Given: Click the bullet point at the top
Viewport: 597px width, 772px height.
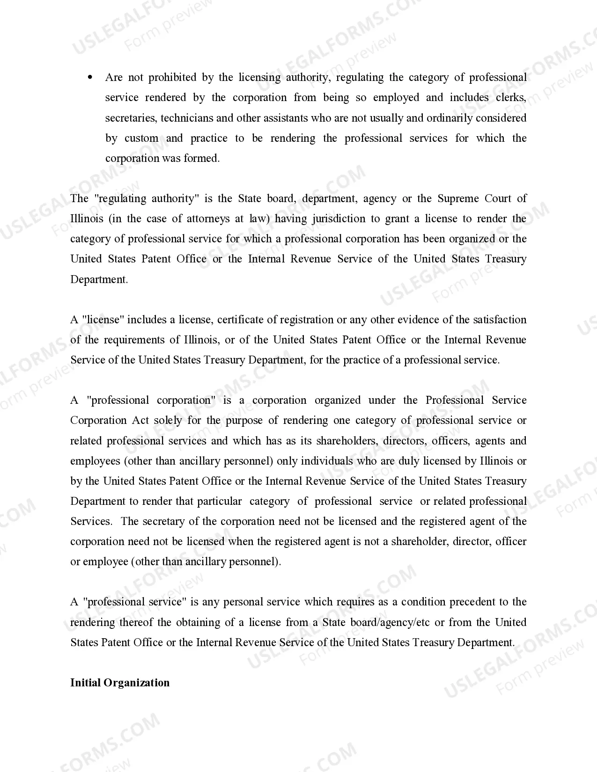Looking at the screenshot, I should click(x=90, y=77).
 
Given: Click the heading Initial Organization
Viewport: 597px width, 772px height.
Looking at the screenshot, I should click(x=120, y=683).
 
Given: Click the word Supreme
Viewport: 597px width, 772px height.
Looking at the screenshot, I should click(x=457, y=198).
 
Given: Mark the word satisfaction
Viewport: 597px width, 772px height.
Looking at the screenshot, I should click(x=500, y=320).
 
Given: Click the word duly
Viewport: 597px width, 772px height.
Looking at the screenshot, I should click(x=409, y=461).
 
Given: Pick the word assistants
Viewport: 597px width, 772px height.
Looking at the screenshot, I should click(x=285, y=118).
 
